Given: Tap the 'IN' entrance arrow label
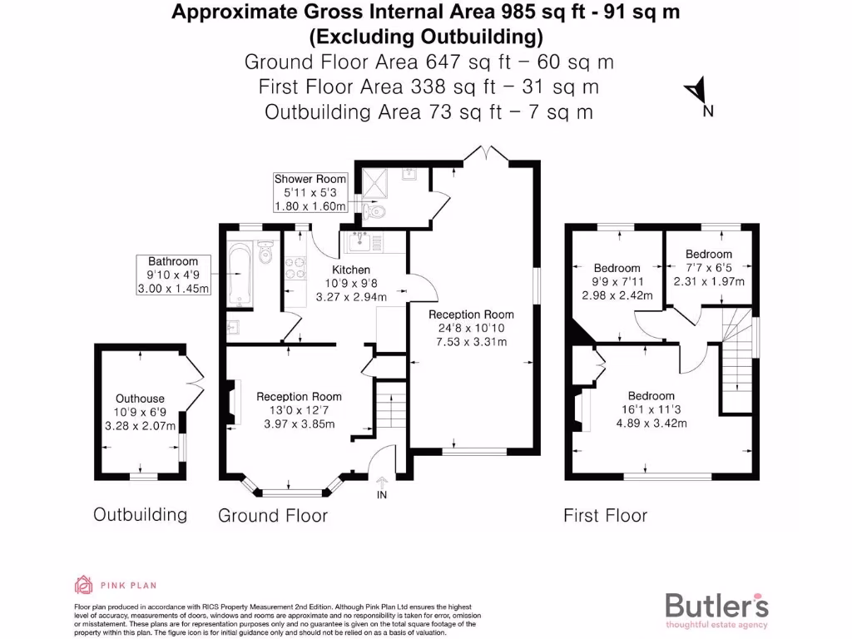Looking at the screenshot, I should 382,488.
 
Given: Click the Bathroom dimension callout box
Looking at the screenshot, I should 173,275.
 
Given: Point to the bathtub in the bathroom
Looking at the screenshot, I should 238,273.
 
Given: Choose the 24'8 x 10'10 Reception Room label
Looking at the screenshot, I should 471,327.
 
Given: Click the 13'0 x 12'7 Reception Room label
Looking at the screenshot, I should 299,410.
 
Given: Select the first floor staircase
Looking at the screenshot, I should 736,358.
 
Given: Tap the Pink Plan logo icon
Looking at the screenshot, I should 83,584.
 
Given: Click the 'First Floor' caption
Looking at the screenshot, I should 605,515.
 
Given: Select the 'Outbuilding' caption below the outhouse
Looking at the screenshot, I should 140,514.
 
